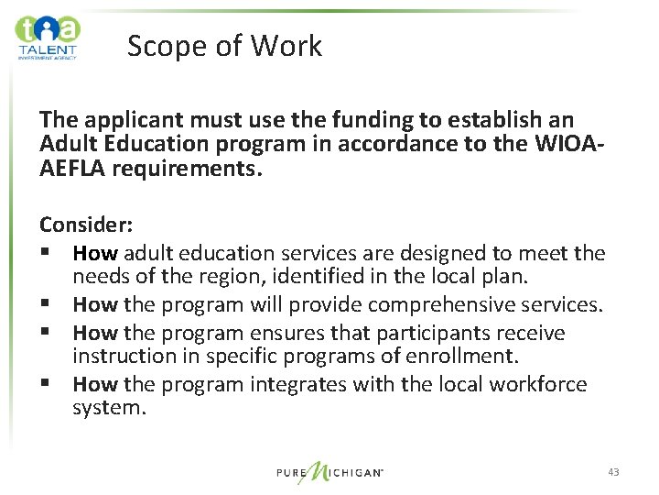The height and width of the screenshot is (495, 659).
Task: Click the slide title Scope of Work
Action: (x=224, y=46)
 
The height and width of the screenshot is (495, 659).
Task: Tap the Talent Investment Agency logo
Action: (x=48, y=37)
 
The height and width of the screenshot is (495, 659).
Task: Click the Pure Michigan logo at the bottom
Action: (x=329, y=472)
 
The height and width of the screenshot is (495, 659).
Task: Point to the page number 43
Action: (x=612, y=472)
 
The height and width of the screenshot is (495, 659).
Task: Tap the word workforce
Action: (x=532, y=384)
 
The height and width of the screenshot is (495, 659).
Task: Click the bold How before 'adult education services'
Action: (x=94, y=252)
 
